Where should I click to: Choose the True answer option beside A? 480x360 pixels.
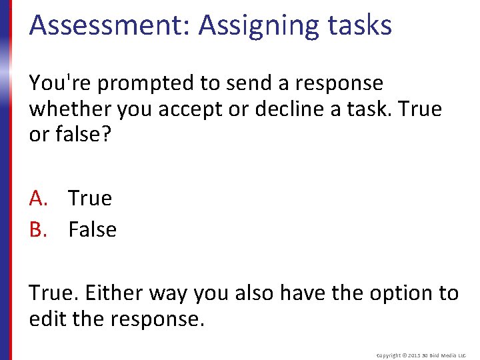pyautogui.click(x=90, y=198)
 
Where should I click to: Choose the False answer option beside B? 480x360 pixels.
pyautogui.click(x=93, y=229)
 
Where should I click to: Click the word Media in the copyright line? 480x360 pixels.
pyautogui.click(x=448, y=355)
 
